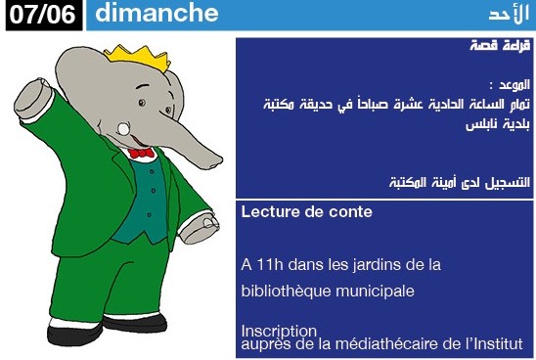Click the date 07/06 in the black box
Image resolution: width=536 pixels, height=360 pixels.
coord(42,15)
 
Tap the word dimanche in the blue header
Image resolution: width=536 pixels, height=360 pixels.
coord(156,13)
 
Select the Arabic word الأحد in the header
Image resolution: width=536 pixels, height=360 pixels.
coord(509,14)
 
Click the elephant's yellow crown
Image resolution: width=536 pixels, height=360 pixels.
coord(138,58)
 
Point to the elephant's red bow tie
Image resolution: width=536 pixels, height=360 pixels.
coord(141,153)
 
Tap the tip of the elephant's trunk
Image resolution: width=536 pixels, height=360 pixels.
coord(214,162)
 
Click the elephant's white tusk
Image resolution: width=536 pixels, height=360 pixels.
coord(123,129)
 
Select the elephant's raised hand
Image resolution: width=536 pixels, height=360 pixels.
coord(33,98)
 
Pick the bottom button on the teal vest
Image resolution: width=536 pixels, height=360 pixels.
coord(150,214)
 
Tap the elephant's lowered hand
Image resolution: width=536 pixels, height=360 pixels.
coord(200,228)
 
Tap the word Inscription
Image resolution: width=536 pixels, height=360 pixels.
coord(279,331)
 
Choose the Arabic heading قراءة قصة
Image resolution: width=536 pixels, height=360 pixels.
coord(500,45)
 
